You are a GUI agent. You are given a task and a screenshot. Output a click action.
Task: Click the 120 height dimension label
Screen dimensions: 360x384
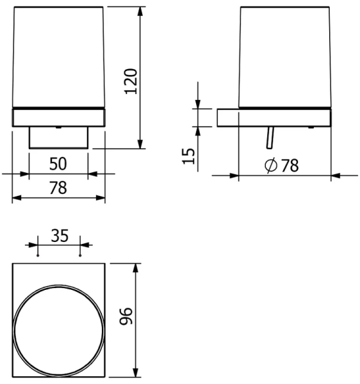(131, 81)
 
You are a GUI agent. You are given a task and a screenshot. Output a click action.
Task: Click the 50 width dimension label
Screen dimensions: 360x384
(58, 164)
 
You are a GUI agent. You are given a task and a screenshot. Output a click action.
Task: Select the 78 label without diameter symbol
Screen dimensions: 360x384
(58, 188)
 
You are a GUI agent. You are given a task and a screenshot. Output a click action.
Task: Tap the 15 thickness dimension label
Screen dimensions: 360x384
(188, 156)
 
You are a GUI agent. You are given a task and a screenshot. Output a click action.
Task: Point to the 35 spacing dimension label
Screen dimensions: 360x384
(60, 236)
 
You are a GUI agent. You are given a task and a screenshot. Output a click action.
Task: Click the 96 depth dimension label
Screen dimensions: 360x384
(126, 316)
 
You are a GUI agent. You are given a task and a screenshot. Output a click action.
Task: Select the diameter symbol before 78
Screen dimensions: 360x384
(271, 166)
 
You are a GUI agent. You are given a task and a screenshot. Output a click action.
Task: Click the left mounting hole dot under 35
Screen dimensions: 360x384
(38, 255)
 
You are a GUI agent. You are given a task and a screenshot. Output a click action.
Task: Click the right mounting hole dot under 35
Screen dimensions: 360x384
(80, 255)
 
